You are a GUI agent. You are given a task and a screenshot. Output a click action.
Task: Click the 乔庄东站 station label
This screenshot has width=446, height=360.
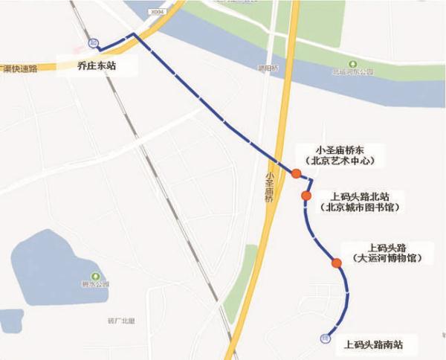tap(97, 65)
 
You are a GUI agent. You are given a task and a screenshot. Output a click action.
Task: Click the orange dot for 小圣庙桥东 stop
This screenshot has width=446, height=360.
tap(296, 174)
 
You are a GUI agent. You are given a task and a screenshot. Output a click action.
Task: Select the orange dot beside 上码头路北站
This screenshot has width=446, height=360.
tap(306, 196)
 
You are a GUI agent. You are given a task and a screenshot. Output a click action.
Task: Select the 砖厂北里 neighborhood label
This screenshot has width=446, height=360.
tap(119, 321)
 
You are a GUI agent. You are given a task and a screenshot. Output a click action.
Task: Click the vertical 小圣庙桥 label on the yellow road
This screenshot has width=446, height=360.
tap(268, 186)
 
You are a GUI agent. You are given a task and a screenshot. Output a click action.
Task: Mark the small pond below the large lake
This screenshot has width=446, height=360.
tap(10, 321)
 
